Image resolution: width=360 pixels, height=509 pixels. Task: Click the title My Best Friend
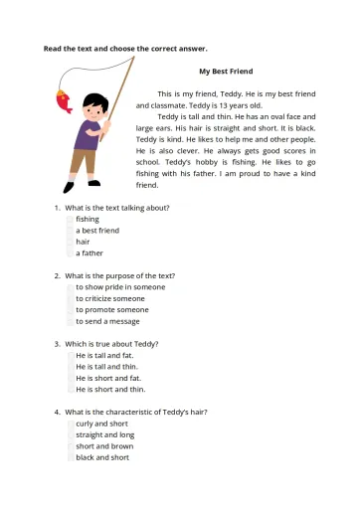[226, 72]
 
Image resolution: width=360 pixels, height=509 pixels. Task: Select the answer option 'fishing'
[88, 219]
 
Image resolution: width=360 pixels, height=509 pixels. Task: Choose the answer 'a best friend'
[97, 231]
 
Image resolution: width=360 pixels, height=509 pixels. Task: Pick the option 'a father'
[90, 254]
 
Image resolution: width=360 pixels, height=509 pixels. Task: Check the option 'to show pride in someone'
[120, 287]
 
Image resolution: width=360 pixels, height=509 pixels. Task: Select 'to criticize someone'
[109, 298]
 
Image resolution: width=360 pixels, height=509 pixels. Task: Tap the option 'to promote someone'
[111, 310]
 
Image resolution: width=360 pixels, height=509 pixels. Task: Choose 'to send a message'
[107, 321]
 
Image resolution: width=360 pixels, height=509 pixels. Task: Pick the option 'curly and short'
[101, 424]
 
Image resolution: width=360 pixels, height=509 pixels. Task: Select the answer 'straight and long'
[104, 434]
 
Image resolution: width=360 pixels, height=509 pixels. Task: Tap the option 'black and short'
[101, 457]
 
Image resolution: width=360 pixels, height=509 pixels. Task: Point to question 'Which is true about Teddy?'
[111, 344]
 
